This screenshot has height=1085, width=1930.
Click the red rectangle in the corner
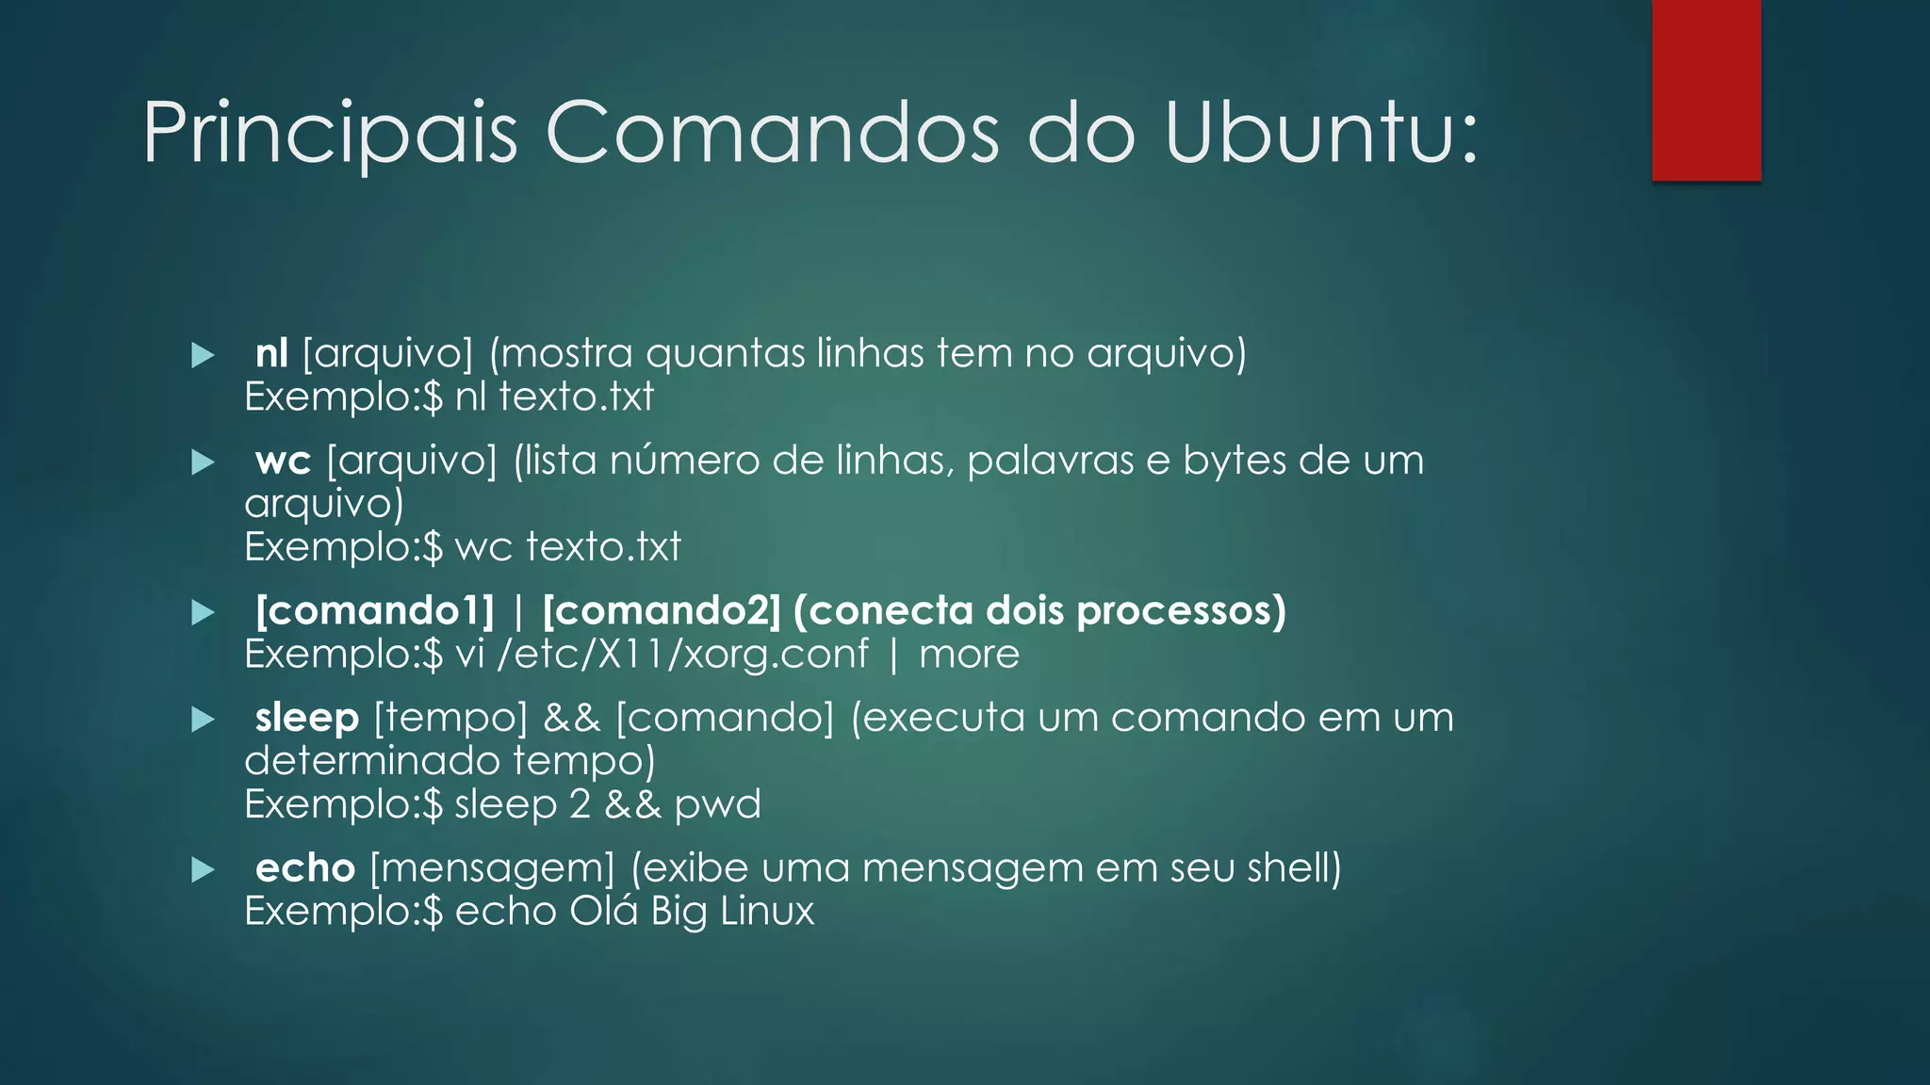(1706, 89)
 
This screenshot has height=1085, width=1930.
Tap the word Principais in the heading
(330, 134)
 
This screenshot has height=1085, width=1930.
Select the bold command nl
(271, 353)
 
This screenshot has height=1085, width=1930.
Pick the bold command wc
(283, 461)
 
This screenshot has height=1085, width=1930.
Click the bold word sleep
(306, 718)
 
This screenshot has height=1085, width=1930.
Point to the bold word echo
(304, 868)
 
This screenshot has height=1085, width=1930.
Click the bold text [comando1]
(375, 611)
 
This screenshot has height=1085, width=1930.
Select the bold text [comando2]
(662, 611)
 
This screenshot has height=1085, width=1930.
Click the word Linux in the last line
(766, 912)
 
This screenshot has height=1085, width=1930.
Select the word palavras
(1050, 461)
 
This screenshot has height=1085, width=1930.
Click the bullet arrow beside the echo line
(203, 869)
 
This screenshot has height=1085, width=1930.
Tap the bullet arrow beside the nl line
(203, 355)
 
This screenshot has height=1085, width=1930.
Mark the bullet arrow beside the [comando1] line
(203, 613)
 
